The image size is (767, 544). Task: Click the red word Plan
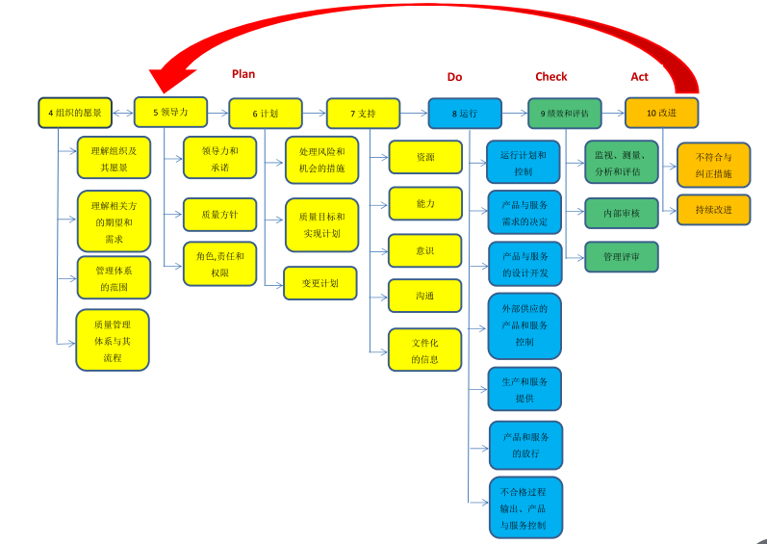243,73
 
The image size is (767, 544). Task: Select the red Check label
551,76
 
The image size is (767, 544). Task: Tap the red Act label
640,76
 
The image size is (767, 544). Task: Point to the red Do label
455,76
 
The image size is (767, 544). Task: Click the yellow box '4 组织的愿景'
75,113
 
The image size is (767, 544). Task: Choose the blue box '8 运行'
465,113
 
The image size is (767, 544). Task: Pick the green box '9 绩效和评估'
565,113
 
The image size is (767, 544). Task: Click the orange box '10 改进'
662,113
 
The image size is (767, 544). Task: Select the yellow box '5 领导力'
170,112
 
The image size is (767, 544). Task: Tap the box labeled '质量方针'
219,215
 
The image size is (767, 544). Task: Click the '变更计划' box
320,283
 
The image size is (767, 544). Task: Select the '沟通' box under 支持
424,296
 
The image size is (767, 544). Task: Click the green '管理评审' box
622,257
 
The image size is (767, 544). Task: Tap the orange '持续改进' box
713,209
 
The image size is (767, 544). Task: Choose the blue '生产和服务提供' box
524,389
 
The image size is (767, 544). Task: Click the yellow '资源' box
424,157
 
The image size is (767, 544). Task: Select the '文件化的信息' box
424,350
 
